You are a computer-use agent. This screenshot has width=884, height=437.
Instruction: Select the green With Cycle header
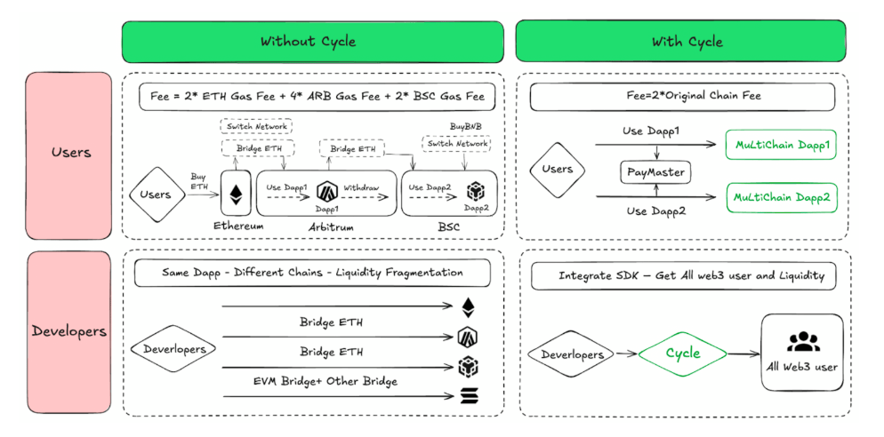click(x=687, y=42)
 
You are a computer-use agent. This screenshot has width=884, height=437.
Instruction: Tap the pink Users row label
click(x=69, y=153)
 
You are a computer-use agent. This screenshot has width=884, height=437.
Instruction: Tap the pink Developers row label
click(x=69, y=330)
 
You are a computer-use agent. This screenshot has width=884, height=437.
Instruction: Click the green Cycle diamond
click(x=683, y=354)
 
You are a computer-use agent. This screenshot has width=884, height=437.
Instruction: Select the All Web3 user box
click(x=801, y=352)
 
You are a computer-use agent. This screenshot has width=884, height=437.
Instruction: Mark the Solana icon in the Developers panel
click(x=468, y=395)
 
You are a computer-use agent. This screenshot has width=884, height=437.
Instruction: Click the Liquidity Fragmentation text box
click(x=312, y=274)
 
